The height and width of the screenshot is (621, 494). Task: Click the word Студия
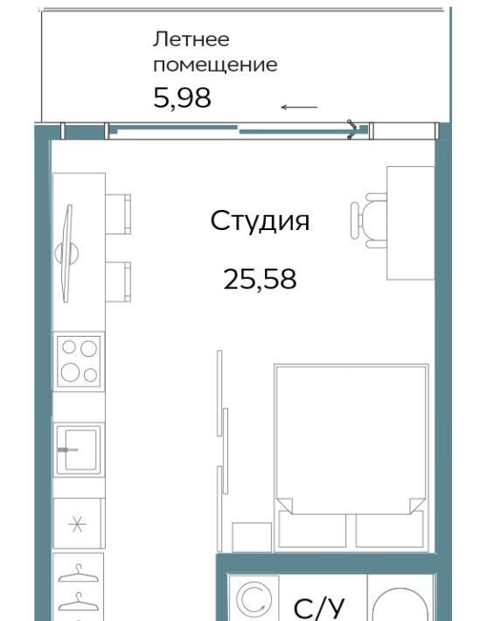coord(260,221)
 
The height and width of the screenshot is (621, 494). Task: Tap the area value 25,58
coord(260,279)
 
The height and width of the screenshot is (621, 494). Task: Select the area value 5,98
coord(182,98)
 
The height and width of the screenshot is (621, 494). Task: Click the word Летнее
coord(191,39)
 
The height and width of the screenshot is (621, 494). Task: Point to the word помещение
coord(215,65)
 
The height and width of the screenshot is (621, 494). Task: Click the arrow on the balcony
coord(299,107)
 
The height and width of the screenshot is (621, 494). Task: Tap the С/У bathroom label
coord(319,609)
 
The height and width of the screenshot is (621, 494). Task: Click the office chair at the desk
coord(368,220)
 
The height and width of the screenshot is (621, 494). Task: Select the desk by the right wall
coord(410,223)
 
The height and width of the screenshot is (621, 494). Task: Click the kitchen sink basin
coord(78,450)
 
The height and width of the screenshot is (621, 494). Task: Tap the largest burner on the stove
coord(71,373)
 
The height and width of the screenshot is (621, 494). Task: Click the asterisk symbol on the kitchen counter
coord(77,525)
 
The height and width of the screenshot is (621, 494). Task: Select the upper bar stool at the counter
coord(118,214)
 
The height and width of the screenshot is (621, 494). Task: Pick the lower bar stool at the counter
coord(118,282)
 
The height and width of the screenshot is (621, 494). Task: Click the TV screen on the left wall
coord(67,254)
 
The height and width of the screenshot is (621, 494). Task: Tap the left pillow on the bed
coord(312,530)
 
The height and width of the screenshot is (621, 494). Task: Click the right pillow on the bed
coord(389,530)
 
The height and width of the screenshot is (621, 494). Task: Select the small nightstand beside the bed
coord(252,537)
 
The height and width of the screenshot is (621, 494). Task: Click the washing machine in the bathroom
coord(254,598)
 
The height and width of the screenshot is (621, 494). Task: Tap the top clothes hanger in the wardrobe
coord(79,574)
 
